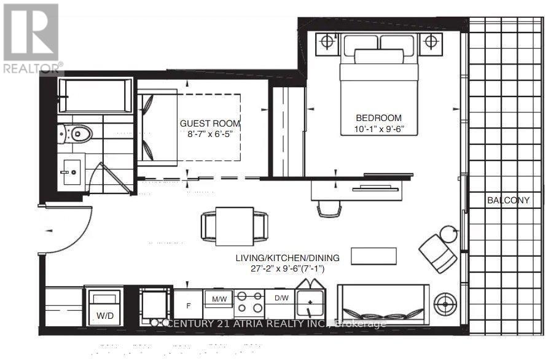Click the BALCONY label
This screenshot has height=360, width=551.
coord(507,200)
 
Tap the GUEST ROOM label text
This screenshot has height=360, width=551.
coord(206,123)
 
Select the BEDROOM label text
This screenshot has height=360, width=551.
coord(378,118)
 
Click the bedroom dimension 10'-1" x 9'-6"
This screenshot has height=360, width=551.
coord(378,128)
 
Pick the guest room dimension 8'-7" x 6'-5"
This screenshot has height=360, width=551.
coord(206,135)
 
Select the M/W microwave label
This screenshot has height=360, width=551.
coord(219,299)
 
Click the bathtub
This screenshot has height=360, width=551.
coord(97,95)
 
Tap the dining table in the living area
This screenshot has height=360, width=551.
coord(235,224)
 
